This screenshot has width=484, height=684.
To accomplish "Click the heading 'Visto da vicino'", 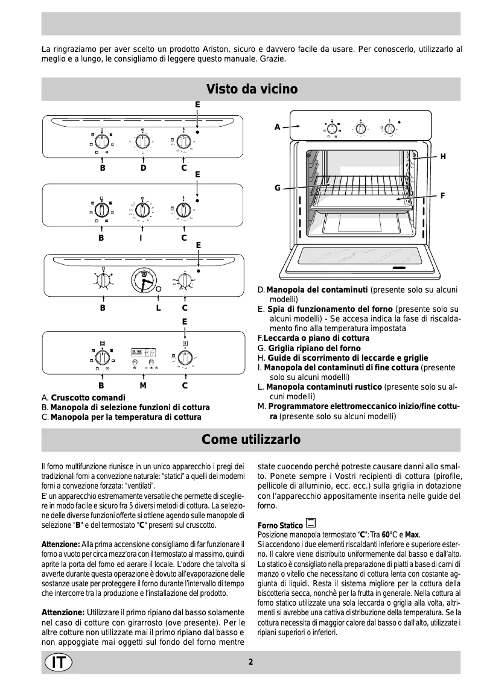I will (252, 89).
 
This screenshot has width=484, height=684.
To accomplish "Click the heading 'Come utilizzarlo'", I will (250, 440).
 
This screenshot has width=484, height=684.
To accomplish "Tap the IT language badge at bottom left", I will (59, 662).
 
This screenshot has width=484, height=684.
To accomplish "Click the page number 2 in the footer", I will (250, 662).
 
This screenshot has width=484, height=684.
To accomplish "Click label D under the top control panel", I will (144, 168).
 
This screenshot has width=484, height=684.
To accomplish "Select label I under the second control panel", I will (141, 238).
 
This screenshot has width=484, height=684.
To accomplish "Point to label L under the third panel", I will (158, 308).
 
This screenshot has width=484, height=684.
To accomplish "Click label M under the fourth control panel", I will (143, 385).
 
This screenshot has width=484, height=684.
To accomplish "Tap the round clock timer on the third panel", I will (144, 280).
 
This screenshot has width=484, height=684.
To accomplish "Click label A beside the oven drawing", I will (278, 127).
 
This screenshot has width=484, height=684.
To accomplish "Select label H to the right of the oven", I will (443, 157).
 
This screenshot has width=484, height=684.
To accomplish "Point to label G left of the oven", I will (278, 188).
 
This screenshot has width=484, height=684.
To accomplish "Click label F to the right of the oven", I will (443, 195).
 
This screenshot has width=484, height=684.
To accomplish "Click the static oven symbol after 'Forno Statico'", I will (311, 522).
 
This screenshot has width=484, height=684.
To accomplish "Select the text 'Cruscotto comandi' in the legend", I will (88, 398).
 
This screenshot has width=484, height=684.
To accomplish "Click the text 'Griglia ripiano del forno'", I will (314, 349).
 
